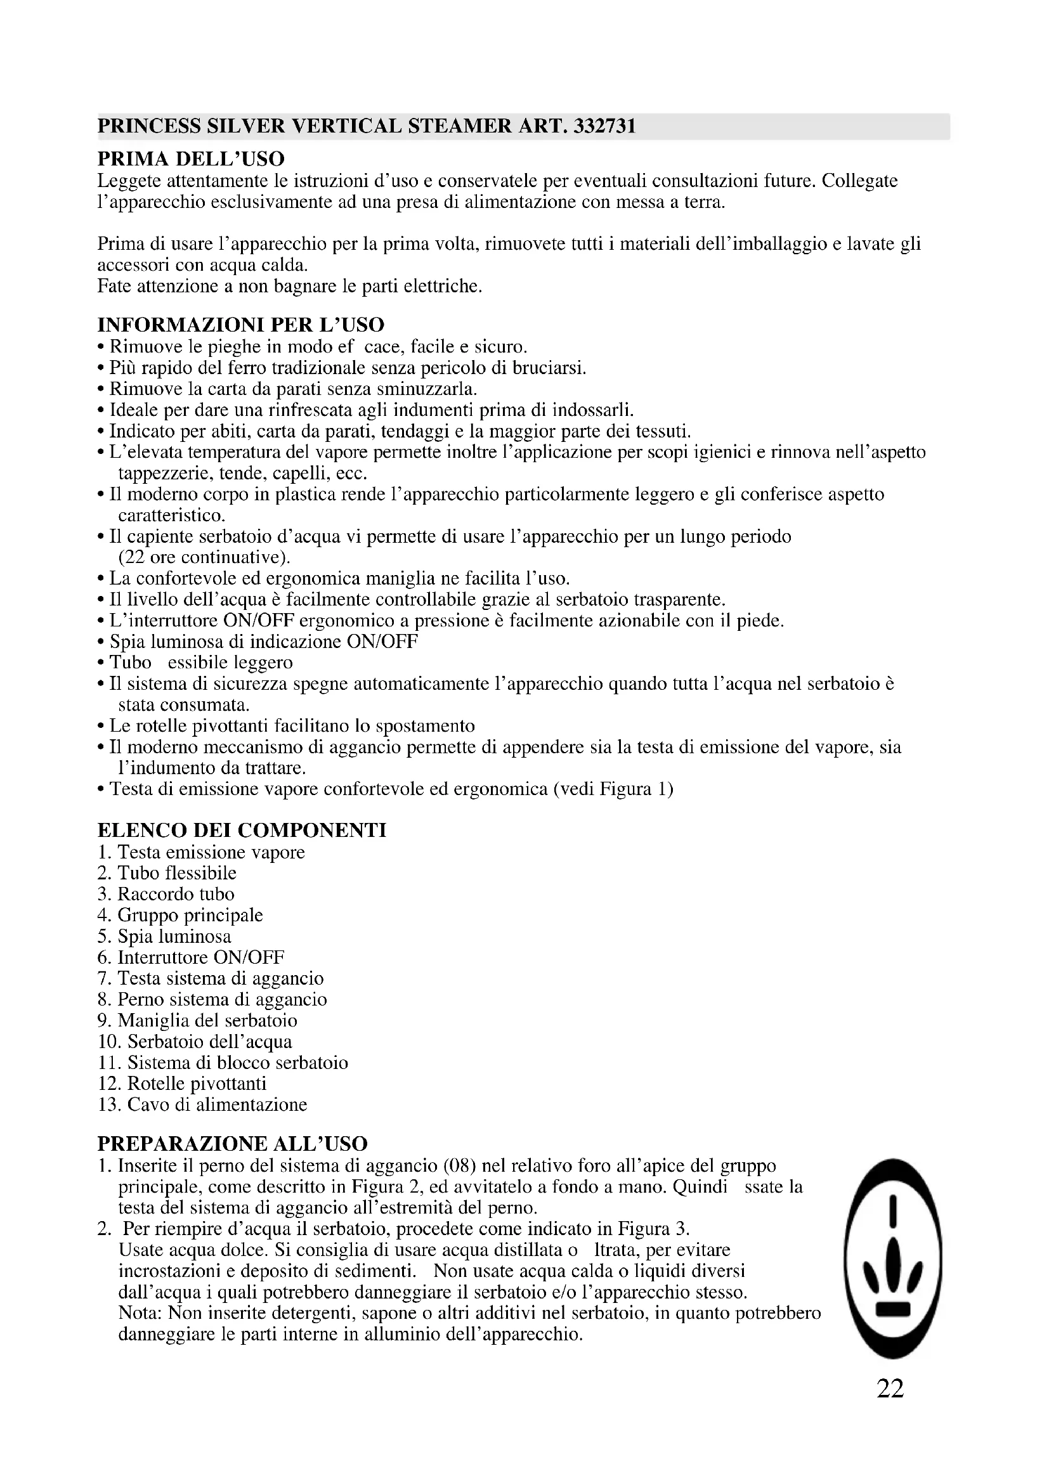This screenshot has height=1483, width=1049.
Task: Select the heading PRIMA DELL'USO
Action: [190, 159]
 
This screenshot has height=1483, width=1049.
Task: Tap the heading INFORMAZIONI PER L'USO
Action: [240, 324]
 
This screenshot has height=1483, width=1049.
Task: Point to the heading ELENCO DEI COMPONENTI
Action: [242, 830]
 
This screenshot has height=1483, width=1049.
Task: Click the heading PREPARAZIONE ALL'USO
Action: [232, 1144]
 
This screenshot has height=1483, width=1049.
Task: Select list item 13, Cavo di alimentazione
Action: [202, 1104]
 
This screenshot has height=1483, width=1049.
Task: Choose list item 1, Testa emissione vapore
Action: [201, 853]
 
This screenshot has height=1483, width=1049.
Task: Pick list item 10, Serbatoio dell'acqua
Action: [195, 1041]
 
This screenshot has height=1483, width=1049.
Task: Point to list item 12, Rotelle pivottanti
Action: [181, 1083]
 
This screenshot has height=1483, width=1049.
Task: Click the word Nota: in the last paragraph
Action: [141, 1313]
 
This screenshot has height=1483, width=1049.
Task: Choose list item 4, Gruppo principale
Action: [180, 916]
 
